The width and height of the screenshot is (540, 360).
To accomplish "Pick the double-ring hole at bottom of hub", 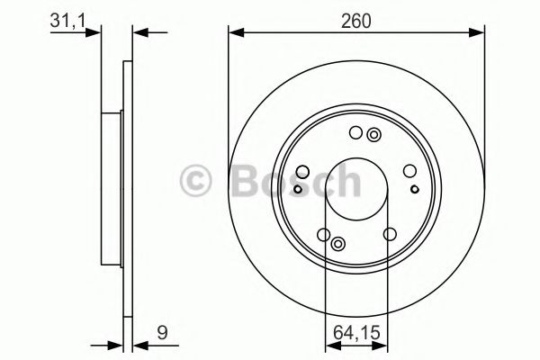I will point(337,243).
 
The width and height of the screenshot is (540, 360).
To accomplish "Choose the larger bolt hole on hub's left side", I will point(303,173).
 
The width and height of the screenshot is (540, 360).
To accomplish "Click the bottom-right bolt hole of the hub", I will point(389,234).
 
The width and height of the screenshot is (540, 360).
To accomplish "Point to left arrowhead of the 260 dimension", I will point(236,33).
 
